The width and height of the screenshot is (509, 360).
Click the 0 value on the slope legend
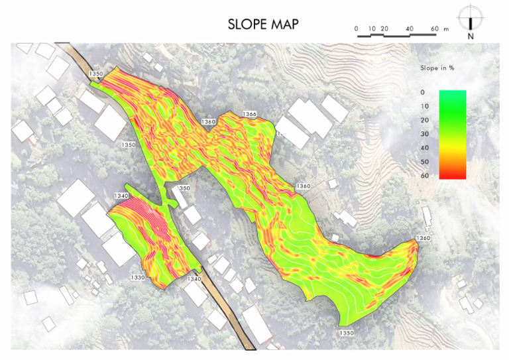(424, 92)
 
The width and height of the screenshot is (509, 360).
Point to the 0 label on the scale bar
(357, 29)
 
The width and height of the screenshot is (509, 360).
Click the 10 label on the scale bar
(372, 29)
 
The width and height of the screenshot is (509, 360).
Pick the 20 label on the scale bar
(385, 29)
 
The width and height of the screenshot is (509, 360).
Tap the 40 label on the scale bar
(410, 29)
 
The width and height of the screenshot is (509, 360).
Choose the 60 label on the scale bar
(435, 29)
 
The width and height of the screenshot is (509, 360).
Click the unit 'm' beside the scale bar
(447, 29)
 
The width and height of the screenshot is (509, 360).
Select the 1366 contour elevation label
(249, 114)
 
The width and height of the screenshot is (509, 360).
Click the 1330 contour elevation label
(137, 277)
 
